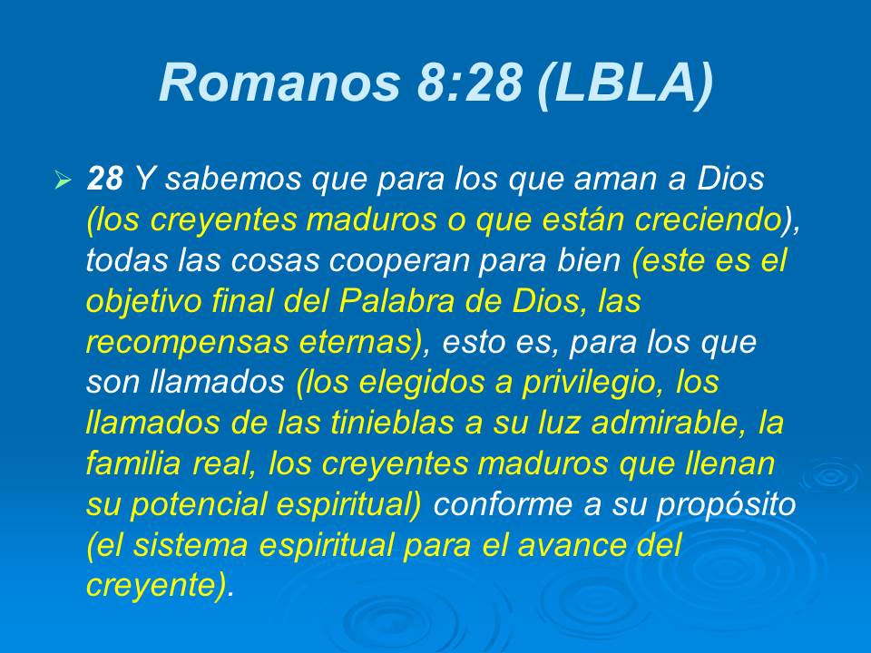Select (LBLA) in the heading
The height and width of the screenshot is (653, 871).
[x=624, y=83]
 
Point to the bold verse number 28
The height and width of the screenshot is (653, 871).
[x=104, y=180]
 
